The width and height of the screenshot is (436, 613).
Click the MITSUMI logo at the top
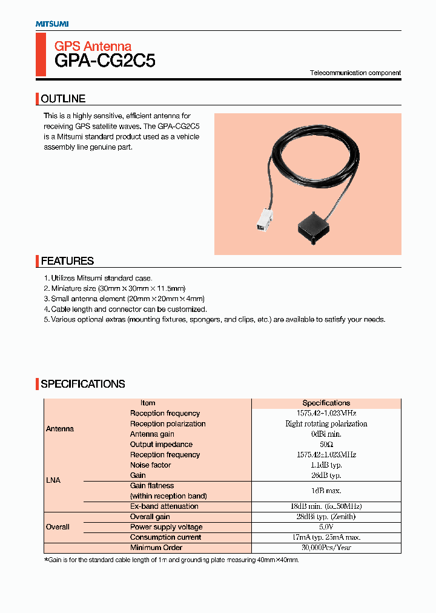51,24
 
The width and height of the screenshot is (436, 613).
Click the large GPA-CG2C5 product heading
105,61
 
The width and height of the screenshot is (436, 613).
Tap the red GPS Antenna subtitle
93,46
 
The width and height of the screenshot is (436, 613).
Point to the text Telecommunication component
355,73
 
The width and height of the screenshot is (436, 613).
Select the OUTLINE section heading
63,99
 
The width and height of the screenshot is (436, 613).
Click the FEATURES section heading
67,261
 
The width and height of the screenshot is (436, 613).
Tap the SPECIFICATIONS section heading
82,384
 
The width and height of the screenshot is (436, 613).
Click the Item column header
148,403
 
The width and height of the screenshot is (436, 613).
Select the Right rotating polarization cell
326,424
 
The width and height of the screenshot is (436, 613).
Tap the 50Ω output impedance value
326,445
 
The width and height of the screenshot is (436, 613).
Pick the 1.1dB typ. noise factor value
326,465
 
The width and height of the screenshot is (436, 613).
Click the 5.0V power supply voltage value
326,527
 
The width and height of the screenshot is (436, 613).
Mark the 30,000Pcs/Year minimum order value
326,548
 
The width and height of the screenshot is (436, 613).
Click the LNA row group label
53,480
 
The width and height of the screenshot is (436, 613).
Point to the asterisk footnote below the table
171,560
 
